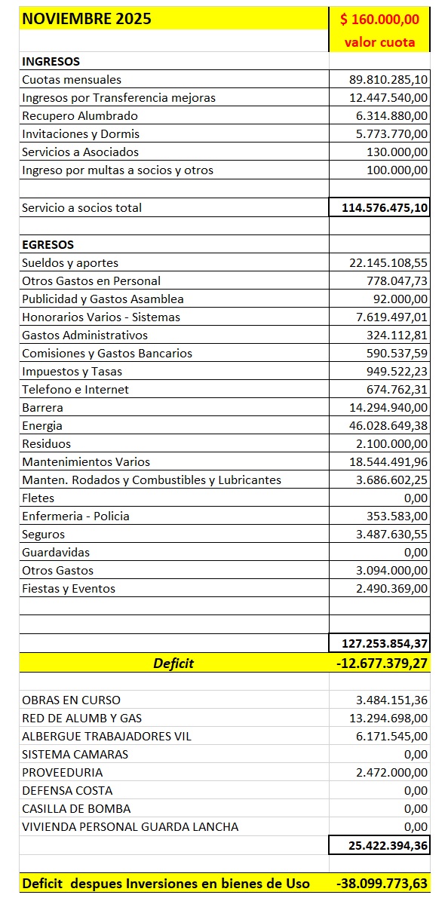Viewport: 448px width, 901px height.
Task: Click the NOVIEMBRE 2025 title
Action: pyautogui.click(x=87, y=19)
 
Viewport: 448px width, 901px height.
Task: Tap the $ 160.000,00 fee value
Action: pyautogui.click(x=380, y=19)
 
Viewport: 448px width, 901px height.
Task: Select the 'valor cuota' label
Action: pyautogui.click(x=379, y=42)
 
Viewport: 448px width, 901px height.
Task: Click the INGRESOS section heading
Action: pyautogui.click(x=51, y=61)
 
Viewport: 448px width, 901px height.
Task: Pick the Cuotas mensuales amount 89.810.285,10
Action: pyautogui.click(x=379, y=79)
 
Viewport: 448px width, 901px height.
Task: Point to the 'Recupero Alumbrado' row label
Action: pyautogui.click(x=69, y=115)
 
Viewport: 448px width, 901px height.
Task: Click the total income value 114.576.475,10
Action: pyautogui.click(x=379, y=207)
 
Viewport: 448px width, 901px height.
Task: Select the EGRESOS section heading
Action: pyautogui.click(x=48, y=244)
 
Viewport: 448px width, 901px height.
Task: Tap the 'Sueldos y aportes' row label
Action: pyautogui.click(x=70, y=262)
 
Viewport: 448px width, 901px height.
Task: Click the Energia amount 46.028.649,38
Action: pyautogui.click(x=379, y=425)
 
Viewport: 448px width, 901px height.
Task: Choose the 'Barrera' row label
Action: pyautogui.click(x=43, y=407)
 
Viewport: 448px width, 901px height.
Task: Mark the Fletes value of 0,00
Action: pyautogui.click(x=416, y=498)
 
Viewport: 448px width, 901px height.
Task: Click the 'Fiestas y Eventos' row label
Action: pyautogui.click(x=69, y=588)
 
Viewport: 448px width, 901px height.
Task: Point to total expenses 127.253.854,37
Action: pyautogui.click(x=379, y=643)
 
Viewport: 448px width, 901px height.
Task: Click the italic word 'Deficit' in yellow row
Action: pyautogui.click(x=173, y=663)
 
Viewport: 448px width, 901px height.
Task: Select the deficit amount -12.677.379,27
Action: pyautogui.click(x=379, y=663)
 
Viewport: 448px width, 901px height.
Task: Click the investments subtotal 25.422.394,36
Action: pyautogui.click(x=388, y=846)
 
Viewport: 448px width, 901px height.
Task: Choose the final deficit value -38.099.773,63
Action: pyautogui.click(x=382, y=883)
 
